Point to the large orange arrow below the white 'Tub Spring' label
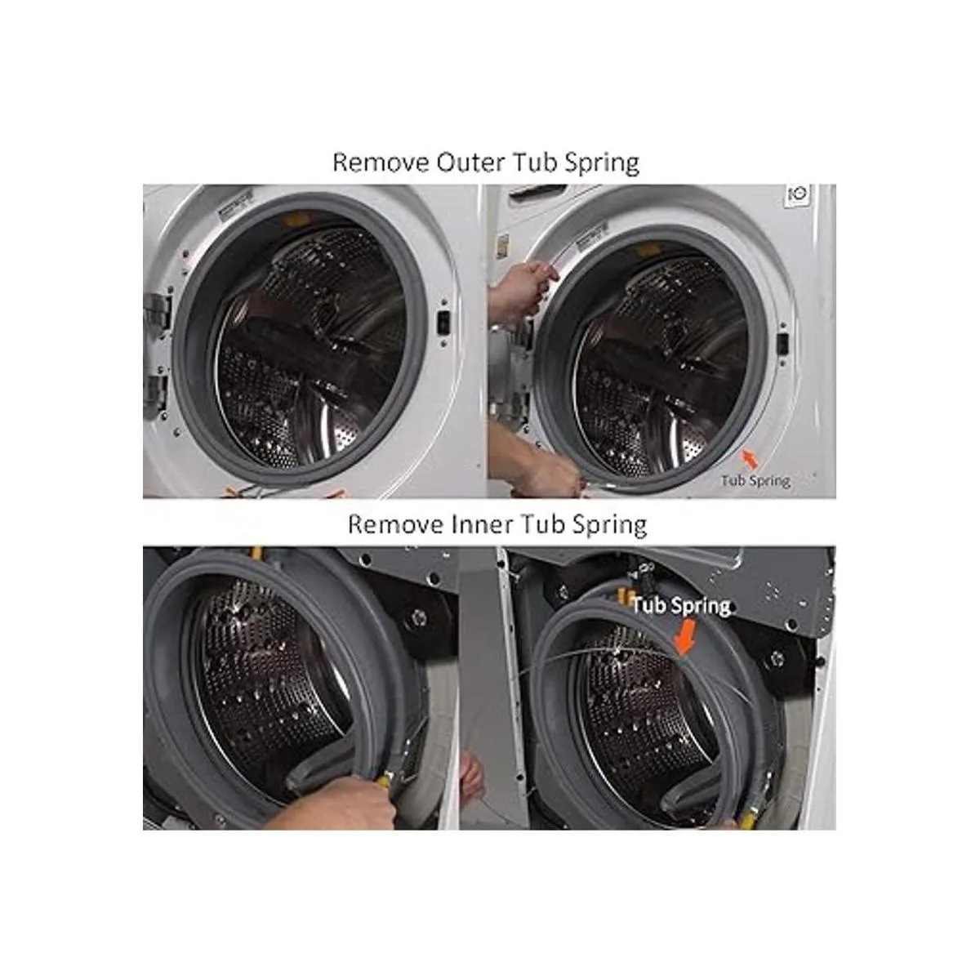click(684, 639)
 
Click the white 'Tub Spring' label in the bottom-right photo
click(681, 607)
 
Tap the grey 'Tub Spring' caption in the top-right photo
click(755, 480)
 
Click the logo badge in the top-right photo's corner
click(798, 195)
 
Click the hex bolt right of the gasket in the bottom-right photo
click(777, 659)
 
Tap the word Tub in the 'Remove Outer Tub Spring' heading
click(532, 163)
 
